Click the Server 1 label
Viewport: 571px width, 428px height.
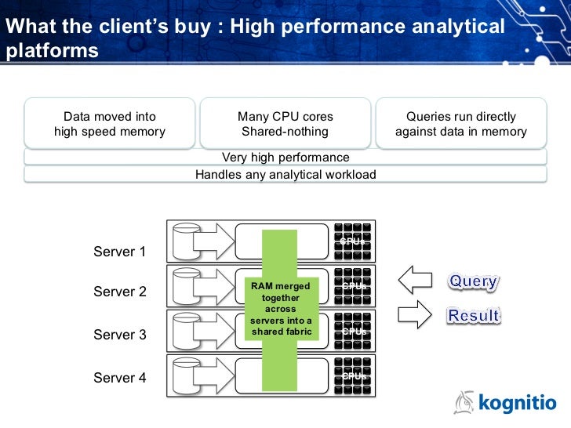pyautogui.click(x=120, y=252)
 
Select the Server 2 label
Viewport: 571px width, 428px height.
pyautogui.click(x=120, y=292)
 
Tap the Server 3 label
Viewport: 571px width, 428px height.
pyautogui.click(x=120, y=335)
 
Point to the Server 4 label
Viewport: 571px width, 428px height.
pyautogui.click(x=120, y=378)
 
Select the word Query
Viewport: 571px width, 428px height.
pyautogui.click(x=473, y=281)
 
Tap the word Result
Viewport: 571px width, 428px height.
pyautogui.click(x=473, y=315)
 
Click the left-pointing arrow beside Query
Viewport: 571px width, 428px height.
pyautogui.click(x=416, y=280)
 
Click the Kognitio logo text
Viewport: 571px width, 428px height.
pyautogui.click(x=517, y=404)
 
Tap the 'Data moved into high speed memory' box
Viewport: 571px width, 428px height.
pyautogui.click(x=110, y=124)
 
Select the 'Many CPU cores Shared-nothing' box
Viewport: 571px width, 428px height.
pyautogui.click(x=285, y=124)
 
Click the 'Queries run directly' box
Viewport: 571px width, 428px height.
pyautogui.click(x=461, y=124)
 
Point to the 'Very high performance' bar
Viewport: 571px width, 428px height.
pyautogui.click(x=285, y=158)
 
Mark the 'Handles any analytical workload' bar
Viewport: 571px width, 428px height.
pyautogui.click(x=285, y=174)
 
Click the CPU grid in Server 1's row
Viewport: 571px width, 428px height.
pyautogui.click(x=354, y=241)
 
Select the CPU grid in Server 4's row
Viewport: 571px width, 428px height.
pyautogui.click(x=354, y=375)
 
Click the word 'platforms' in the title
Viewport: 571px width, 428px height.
pyautogui.click(x=52, y=51)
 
